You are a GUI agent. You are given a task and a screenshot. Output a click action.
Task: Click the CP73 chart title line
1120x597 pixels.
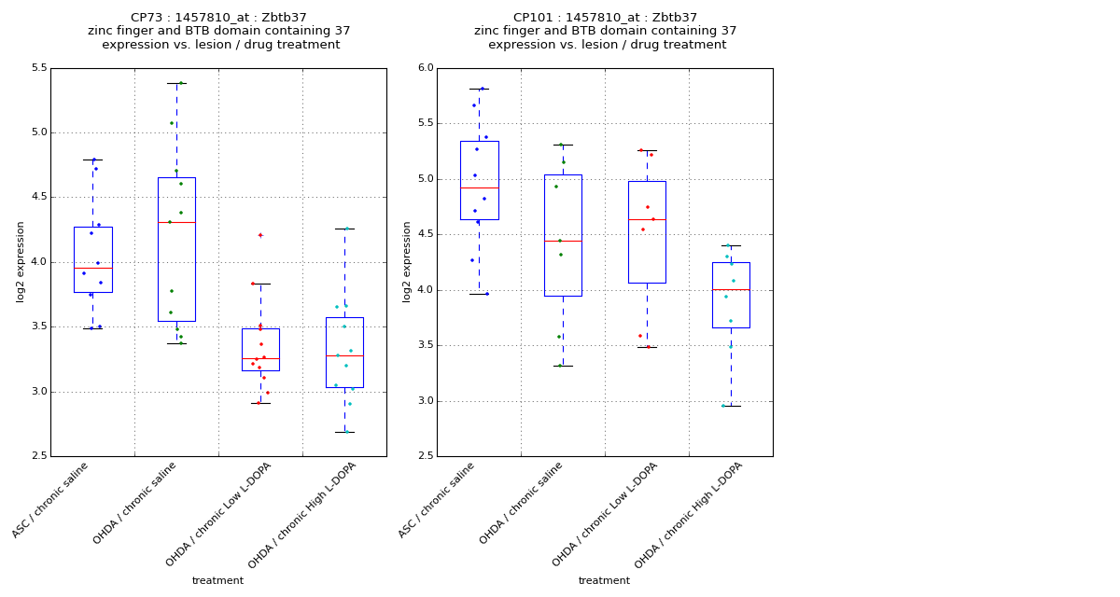[x=218, y=18]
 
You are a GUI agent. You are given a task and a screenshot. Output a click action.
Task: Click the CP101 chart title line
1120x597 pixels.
[x=605, y=18]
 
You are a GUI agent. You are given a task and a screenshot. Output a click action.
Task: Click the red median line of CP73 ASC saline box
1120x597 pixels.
[x=92, y=268]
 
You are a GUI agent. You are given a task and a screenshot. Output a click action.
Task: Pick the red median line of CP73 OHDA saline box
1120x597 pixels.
[x=176, y=222]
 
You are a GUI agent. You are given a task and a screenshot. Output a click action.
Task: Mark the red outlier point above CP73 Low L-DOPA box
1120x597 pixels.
[x=260, y=235]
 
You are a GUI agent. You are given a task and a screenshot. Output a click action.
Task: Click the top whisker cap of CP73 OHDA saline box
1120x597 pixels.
[x=176, y=83]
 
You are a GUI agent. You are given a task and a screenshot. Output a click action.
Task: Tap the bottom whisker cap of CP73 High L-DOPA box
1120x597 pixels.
[x=344, y=432]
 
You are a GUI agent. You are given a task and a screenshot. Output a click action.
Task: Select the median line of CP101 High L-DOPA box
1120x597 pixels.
[x=731, y=289]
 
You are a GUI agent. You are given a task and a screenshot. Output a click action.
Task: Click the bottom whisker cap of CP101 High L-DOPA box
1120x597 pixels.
[x=731, y=406]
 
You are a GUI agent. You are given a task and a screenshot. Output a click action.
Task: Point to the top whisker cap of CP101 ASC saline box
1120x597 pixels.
[x=479, y=89]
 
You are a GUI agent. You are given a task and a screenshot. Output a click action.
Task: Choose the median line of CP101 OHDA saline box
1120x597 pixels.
[x=563, y=241]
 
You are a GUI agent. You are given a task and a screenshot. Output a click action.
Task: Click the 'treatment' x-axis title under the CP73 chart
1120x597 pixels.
[x=217, y=581]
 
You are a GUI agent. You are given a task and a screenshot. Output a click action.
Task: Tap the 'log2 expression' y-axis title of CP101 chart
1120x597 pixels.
[x=407, y=261]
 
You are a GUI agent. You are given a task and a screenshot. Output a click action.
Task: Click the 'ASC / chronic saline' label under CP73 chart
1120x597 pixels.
[x=50, y=500]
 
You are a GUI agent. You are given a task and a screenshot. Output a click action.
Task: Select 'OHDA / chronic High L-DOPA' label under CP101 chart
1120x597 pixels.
[x=689, y=515]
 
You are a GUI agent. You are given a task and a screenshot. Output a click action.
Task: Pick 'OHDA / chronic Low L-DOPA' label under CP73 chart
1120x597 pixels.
[x=218, y=515]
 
